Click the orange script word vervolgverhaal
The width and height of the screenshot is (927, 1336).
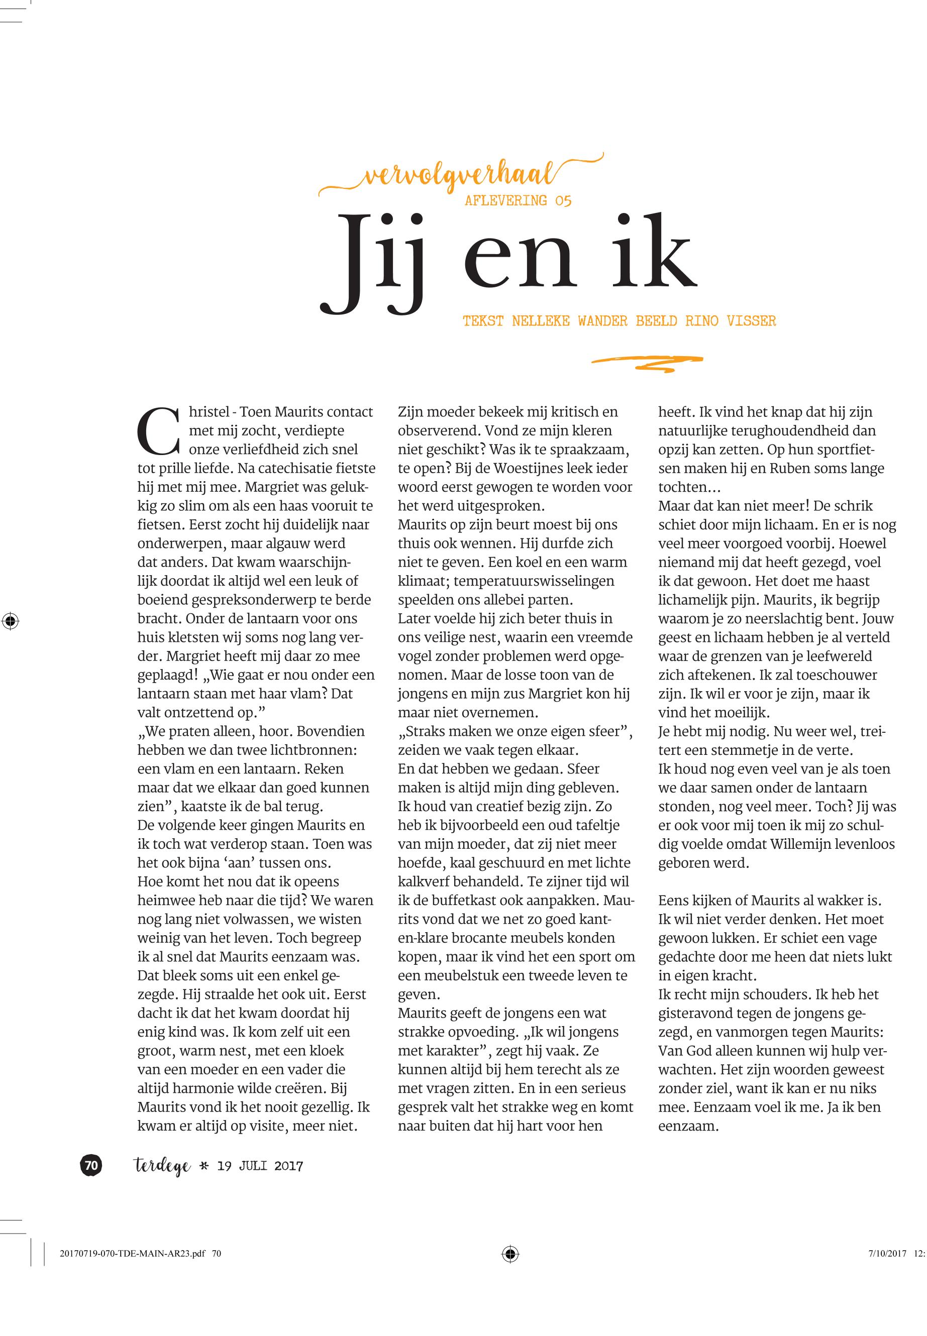tap(459, 175)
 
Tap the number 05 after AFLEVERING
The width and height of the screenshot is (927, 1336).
tap(563, 201)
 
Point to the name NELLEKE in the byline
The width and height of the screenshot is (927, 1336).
tap(540, 321)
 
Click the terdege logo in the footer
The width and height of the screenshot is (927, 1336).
tap(162, 1166)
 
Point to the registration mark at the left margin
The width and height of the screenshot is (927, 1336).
tap(10, 621)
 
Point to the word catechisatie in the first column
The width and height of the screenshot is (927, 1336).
tap(275, 468)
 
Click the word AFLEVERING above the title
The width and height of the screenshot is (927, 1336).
tap(506, 201)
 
